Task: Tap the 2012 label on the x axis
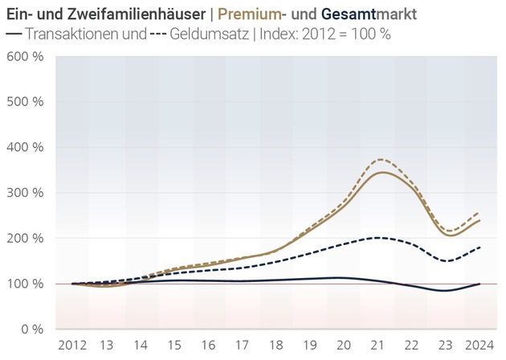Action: pos(73,345)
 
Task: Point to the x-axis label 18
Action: pos(277,345)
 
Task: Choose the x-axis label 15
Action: pos(175,345)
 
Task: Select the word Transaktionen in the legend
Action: pos(75,35)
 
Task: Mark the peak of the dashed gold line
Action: pos(381,159)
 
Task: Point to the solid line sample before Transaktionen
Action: pos(14,35)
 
